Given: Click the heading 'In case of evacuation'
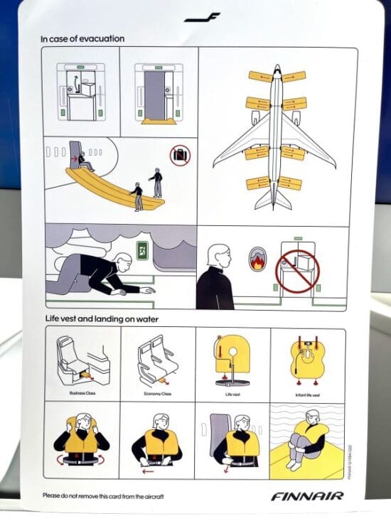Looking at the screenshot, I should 82,38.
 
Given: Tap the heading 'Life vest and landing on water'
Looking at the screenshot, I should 99,319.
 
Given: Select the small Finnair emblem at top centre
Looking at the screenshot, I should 202,16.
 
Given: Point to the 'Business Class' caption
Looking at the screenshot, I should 81,393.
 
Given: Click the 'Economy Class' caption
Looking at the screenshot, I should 156,393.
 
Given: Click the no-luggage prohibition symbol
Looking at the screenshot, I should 180,154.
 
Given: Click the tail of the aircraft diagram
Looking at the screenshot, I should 273,201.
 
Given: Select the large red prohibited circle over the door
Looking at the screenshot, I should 297,270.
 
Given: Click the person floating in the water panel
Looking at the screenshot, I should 306,437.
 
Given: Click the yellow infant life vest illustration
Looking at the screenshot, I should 307,359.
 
